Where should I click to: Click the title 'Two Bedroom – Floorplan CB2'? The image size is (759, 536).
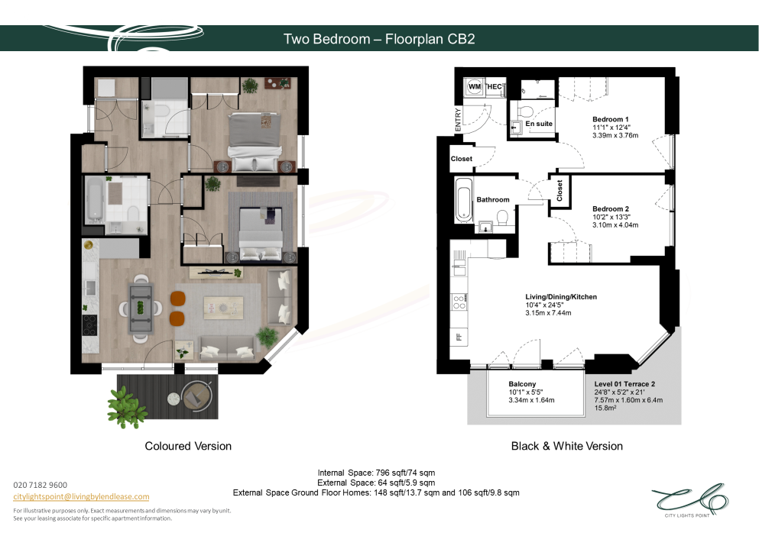[379, 39]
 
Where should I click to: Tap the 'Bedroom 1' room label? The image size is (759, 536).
[611, 119]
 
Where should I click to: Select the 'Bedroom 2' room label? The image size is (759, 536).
[611, 209]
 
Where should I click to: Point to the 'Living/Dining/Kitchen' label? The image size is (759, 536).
[561, 297]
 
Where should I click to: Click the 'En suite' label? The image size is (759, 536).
[539, 124]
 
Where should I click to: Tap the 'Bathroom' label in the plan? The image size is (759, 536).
[493, 199]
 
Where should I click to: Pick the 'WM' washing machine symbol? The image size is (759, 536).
[475, 86]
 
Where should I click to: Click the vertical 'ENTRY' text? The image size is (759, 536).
[458, 119]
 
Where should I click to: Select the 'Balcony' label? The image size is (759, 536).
[522, 384]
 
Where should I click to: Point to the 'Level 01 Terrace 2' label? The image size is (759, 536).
[624, 384]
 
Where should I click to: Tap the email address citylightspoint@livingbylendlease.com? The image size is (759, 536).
[81, 497]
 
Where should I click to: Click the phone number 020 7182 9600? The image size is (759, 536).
[41, 485]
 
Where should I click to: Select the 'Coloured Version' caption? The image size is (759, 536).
[188, 446]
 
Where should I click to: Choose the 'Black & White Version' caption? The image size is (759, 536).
[567, 446]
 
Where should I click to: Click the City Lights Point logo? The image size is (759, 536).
[689, 500]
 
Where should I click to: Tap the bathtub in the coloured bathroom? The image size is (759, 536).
[94, 199]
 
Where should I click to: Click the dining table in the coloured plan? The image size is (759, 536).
[141, 308]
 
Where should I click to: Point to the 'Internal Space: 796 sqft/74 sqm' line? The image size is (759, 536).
[376, 473]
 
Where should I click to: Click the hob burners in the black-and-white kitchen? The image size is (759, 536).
[459, 302]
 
